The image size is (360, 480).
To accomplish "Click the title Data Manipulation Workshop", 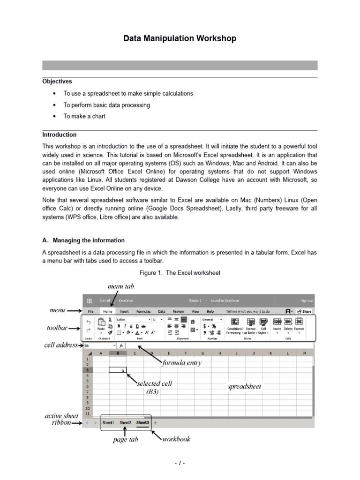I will click(x=180, y=38).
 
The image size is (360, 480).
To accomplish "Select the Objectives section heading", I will click(x=57, y=82).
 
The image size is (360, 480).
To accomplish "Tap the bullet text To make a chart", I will click(x=84, y=116).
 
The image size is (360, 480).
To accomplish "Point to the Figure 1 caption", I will click(x=180, y=272).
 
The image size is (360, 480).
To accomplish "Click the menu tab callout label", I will click(x=121, y=285).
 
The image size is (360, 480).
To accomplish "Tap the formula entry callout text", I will click(x=181, y=362).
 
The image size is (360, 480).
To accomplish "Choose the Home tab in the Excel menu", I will click(x=108, y=311).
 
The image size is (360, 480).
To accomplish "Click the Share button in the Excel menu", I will click(x=306, y=311).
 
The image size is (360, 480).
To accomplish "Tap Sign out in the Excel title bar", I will click(x=307, y=300).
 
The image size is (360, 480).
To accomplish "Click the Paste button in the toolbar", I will click(x=101, y=325).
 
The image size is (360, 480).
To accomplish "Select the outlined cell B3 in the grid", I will click(x=118, y=370).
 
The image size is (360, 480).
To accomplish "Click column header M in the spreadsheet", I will click(x=305, y=353).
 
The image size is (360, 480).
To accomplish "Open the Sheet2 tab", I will click(x=125, y=422).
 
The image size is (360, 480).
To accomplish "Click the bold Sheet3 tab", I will click(x=142, y=422).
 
